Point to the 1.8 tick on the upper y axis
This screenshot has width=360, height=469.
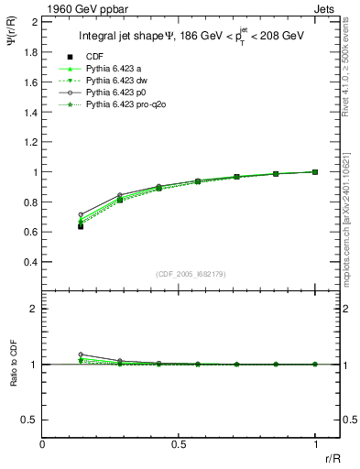click(29, 52)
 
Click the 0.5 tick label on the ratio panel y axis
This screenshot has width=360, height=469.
click(29, 420)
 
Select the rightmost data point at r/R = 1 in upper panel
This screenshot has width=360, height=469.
click(315, 171)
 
